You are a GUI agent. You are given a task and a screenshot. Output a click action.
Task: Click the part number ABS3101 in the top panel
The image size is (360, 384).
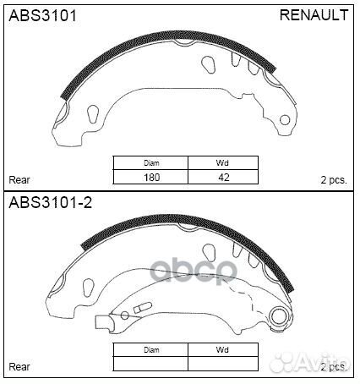(42, 15)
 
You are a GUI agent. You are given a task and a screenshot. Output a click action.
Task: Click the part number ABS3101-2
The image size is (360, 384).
(51, 202)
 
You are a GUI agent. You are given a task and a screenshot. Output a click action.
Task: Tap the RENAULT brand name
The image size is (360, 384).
(314, 15)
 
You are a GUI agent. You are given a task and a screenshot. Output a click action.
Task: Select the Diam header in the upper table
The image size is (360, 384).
(151, 163)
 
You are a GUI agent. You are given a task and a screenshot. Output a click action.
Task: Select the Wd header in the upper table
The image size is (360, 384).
(222, 163)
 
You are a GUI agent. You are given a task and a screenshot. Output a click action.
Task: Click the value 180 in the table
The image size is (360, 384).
(152, 178)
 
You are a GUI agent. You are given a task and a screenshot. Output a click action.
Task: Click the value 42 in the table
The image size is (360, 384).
(224, 178)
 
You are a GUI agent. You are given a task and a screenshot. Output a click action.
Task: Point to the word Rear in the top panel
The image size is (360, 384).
(19, 180)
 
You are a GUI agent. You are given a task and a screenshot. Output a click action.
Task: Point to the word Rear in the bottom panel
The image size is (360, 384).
(19, 367)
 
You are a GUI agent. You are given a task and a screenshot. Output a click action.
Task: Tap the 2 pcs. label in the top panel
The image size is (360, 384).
(334, 180)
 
